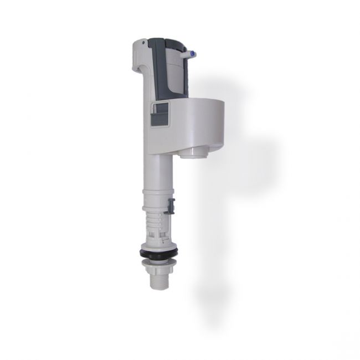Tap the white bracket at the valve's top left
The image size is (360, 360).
click(142, 55)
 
